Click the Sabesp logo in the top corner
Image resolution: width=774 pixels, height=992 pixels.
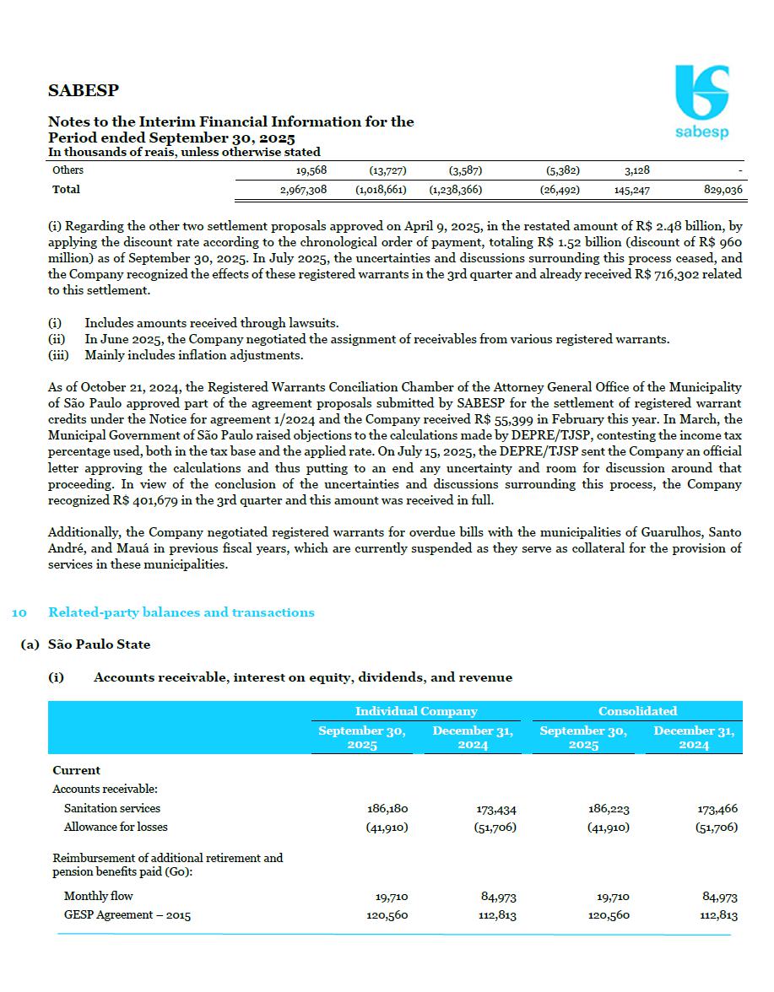[x=701, y=102]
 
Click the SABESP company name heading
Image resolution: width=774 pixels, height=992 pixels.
[x=84, y=90]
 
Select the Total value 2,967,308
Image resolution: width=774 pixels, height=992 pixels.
[x=303, y=190]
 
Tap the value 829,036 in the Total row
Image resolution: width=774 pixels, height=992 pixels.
[x=723, y=190]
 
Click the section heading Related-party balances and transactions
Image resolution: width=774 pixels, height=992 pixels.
[x=181, y=612]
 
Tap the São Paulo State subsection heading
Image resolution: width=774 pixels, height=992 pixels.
[x=99, y=644]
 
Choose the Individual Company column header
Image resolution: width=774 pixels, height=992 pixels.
[x=416, y=711]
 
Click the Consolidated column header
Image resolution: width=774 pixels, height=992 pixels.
[x=637, y=711]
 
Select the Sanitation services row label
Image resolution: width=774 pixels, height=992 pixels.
[x=112, y=808]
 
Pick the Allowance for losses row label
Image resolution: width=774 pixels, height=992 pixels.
[x=116, y=827]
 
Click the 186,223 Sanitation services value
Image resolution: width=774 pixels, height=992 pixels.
[x=609, y=808]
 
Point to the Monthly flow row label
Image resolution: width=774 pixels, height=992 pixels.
[x=99, y=896]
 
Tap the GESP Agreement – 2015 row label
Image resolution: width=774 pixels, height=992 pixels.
[x=127, y=915]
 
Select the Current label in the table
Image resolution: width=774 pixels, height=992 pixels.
[x=76, y=770]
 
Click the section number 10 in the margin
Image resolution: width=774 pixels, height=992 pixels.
[x=19, y=612]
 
